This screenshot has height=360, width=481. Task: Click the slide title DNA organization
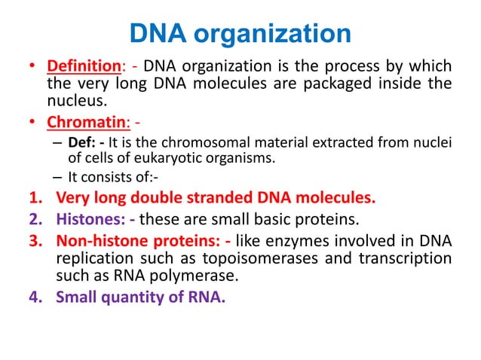(x=240, y=34)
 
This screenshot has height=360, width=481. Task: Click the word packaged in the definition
(x=329, y=84)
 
